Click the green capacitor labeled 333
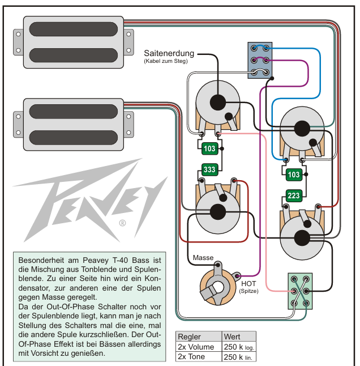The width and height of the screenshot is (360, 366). click(x=209, y=169)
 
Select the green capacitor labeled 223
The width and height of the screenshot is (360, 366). click(x=293, y=196)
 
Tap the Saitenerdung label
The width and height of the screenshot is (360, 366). click(x=169, y=53)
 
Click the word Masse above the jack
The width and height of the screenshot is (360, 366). click(x=203, y=258)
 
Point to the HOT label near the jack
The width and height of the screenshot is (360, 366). click(x=248, y=284)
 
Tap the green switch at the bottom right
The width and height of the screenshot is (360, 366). click(x=299, y=290)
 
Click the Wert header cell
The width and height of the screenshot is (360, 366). click(x=238, y=336)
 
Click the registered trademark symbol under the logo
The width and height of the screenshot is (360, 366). click(x=122, y=223)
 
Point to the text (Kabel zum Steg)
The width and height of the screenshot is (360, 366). click(x=166, y=61)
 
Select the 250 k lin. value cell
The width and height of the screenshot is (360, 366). click(x=238, y=356)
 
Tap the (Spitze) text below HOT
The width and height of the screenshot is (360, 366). click(x=248, y=291)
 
